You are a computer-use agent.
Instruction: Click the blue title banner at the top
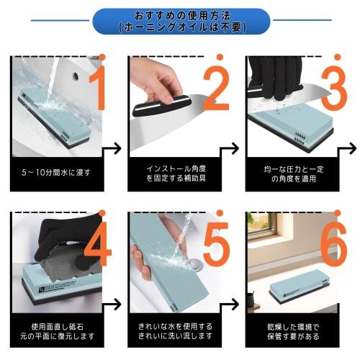tap(180, 22)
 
